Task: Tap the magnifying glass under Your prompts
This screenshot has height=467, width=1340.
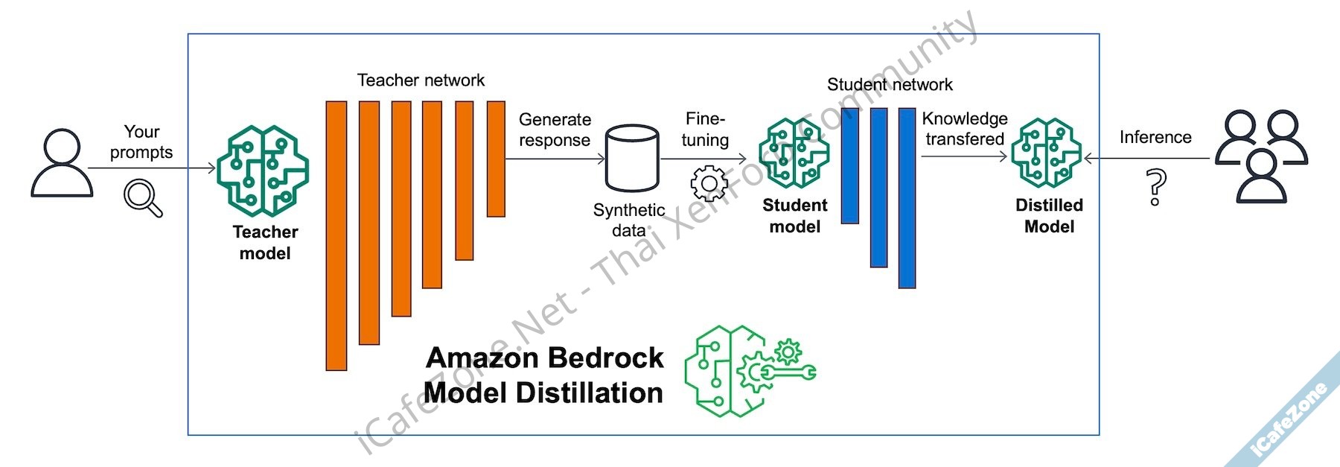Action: [142, 197]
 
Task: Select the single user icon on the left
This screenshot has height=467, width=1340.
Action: [62, 163]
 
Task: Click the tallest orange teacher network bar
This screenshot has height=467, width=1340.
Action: [336, 235]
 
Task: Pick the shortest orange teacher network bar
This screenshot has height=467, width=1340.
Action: [496, 159]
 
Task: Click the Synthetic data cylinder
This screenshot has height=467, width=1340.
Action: [632, 159]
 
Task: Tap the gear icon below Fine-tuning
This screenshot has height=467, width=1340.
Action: [709, 183]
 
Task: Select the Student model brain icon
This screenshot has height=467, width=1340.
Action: [794, 153]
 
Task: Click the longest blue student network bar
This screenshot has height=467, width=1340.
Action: [907, 197]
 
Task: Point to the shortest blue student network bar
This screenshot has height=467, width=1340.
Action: [850, 165]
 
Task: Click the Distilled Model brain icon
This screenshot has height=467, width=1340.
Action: [1047, 153]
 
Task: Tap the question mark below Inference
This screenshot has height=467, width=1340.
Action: [1155, 187]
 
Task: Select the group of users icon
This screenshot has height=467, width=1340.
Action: [1261, 156]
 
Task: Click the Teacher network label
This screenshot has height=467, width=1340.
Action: [421, 80]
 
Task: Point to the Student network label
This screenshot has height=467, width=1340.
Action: [890, 85]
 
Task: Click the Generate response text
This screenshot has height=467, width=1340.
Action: [555, 130]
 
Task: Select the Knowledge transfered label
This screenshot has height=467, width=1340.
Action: [965, 129]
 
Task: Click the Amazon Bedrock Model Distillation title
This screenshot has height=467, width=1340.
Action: [544, 375]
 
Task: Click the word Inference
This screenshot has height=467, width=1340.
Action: [1155, 138]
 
